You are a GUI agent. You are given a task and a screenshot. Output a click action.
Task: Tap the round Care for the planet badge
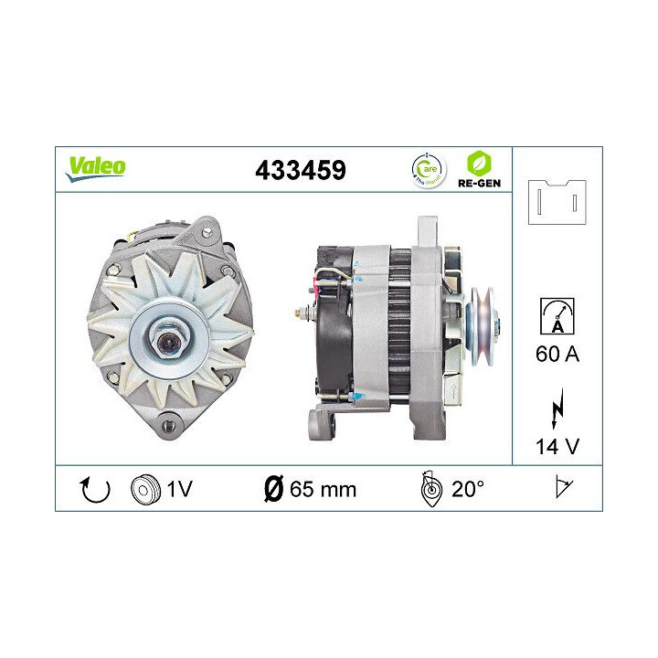pyautogui.click(x=425, y=169)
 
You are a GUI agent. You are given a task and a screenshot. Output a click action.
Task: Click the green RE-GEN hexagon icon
pyautogui.click(x=477, y=162)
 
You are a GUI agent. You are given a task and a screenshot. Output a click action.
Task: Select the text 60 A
pyautogui.click(x=557, y=355)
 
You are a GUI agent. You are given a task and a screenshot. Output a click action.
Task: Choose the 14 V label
pyautogui.click(x=557, y=448)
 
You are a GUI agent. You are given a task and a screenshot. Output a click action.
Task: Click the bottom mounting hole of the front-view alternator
pyautogui.click(x=167, y=421)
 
